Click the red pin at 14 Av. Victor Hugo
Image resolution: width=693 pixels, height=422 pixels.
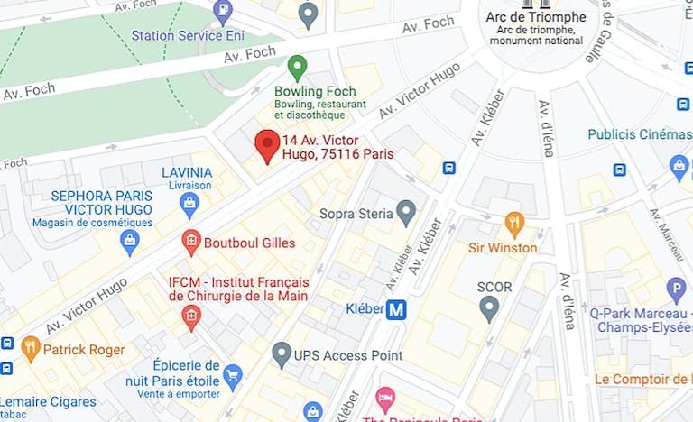tap(266, 144)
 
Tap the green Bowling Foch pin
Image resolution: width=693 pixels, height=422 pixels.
tap(297, 68)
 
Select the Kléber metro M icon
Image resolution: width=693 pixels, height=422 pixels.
tap(396, 309)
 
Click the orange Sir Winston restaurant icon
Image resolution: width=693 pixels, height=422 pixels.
tap(514, 223)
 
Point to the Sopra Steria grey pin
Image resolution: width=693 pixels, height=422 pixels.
tap(406, 213)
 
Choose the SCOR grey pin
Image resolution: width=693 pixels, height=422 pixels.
tap(489, 309)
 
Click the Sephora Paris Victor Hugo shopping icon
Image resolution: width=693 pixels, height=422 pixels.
tap(130, 242)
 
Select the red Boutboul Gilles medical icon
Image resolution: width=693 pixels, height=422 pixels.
tap(190, 242)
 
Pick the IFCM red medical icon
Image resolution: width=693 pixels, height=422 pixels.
tap(190, 316)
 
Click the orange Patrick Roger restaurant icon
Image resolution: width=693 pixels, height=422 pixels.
tap(31, 347)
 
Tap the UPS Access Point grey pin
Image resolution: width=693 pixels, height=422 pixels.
tap(282, 353)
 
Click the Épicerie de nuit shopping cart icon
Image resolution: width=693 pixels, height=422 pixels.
tap(233, 374)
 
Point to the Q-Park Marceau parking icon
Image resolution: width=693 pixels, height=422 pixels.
tap(675, 289)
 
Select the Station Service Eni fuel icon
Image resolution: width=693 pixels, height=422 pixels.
tap(221, 12)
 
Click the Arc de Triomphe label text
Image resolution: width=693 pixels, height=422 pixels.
tap(535, 17)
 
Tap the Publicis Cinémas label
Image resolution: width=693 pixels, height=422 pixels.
tap(639, 134)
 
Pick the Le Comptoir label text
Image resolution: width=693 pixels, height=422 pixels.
tap(642, 380)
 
